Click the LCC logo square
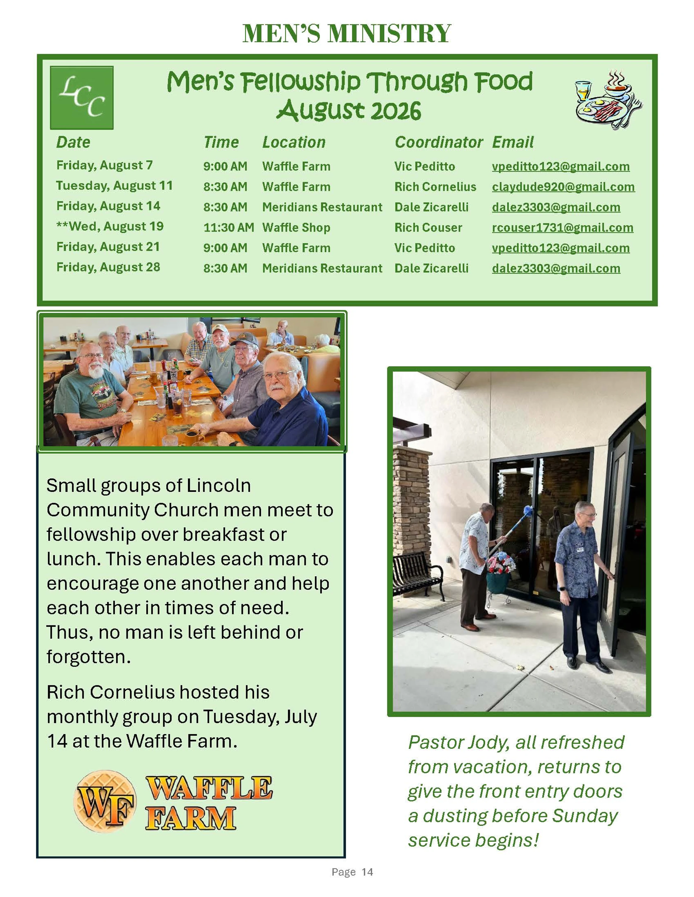coord(81,98)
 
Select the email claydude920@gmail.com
coord(563,187)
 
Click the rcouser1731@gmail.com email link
coord(562,227)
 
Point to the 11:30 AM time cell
coord(229,227)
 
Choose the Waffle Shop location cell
coord(296,227)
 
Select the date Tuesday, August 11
coord(114,186)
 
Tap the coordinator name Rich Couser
coord(428,227)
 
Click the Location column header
coord(294,142)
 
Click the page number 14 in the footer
coord(367,872)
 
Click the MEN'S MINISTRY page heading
coord(347,33)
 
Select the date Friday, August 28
coord(108,267)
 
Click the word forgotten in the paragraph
coord(88,657)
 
